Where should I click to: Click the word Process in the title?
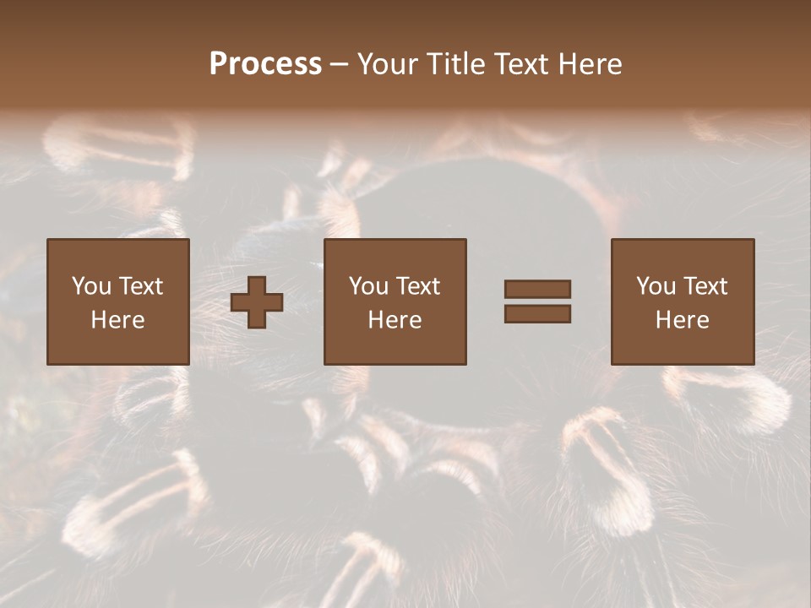point(265,64)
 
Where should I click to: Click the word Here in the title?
point(591,64)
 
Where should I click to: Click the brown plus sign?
point(257,302)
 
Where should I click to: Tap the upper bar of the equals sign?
point(537,289)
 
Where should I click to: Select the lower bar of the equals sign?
point(537,314)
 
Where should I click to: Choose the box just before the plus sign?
point(118,301)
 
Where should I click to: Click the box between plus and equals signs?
point(395,301)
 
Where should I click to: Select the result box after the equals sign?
point(683,301)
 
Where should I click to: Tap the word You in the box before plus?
point(91,286)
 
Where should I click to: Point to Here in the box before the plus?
point(118,320)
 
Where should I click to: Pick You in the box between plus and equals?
point(368,286)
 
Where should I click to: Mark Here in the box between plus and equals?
point(395,320)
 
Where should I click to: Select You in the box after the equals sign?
point(656,286)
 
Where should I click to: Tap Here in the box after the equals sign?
point(683,320)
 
